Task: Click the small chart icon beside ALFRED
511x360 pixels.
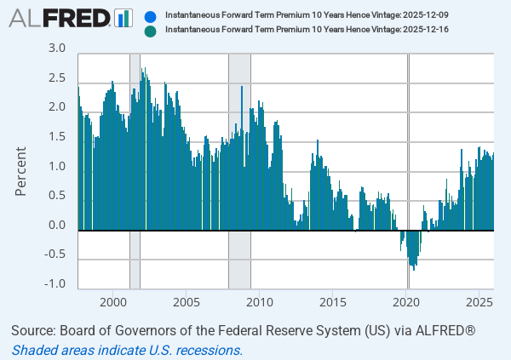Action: pos(124,18)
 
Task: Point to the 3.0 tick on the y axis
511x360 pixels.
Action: pos(56,49)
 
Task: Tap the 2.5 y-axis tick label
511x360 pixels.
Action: pos(56,78)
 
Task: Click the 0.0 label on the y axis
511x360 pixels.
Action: pos(56,226)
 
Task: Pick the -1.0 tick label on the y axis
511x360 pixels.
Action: pos(55,284)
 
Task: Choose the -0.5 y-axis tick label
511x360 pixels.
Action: pos(55,254)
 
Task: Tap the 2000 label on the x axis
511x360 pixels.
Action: pos(113,302)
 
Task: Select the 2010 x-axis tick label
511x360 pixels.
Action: pos(260,302)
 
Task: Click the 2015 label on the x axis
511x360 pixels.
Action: pos(333,302)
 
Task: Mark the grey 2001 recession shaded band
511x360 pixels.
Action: pos(135,170)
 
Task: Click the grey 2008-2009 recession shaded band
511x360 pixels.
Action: pos(239,170)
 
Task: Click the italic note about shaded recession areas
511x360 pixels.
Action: pos(128,350)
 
